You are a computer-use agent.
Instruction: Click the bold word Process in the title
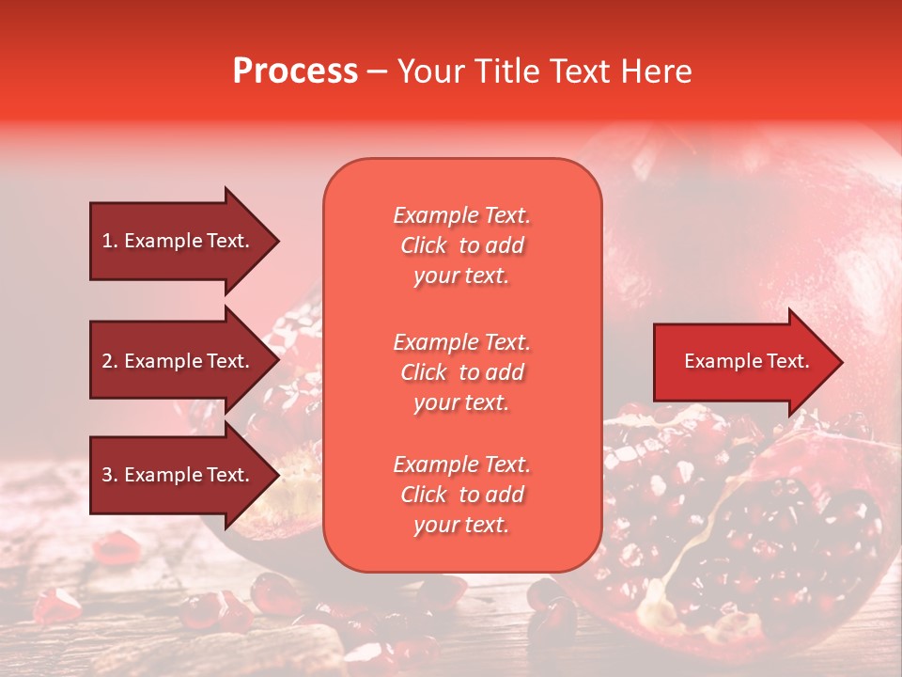click(x=295, y=71)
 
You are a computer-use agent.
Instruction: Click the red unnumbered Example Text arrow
click(x=742, y=361)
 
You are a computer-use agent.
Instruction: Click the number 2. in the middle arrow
click(x=110, y=361)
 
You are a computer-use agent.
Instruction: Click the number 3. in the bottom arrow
click(x=110, y=475)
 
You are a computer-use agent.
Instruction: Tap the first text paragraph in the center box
click(x=461, y=245)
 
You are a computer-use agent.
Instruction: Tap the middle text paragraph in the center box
click(x=461, y=372)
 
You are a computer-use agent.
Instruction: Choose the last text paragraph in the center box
click(x=461, y=495)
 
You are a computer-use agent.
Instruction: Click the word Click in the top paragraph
click(x=424, y=245)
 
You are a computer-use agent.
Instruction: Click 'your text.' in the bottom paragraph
click(x=461, y=526)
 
